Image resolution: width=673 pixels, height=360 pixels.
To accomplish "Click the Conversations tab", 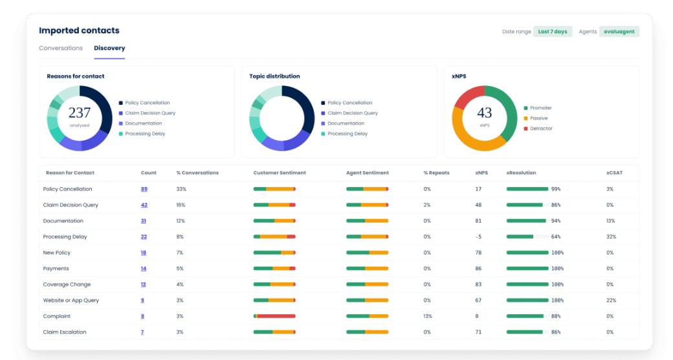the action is pos(61,48).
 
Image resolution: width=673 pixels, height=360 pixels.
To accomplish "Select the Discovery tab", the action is pos(109,48).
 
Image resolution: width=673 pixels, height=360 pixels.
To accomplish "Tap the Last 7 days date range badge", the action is pos(553,31).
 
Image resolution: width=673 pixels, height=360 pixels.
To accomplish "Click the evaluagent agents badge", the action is pos(619,31).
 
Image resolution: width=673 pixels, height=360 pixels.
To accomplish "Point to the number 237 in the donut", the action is pos(80,113).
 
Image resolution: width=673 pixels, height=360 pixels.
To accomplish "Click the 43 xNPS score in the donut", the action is pos(484,113).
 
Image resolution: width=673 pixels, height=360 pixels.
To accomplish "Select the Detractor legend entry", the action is pos(538,128).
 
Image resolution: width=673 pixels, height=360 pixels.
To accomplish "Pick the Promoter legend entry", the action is pos(538,108).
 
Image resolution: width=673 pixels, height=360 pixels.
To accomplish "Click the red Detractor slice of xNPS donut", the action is pos(467,96).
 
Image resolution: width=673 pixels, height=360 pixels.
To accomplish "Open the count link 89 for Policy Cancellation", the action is pos(144,189).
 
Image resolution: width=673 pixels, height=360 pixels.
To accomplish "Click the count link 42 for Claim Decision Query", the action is pos(144,205).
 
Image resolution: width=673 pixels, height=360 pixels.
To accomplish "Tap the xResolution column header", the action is pos(521,173).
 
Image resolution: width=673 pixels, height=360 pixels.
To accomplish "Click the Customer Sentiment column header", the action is pos(280,173).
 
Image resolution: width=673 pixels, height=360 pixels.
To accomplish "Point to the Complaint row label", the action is pos(57,316).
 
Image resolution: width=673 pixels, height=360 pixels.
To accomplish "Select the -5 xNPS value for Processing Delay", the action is pos(478,237).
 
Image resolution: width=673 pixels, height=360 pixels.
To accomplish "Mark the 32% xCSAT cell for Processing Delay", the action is pos(611,237).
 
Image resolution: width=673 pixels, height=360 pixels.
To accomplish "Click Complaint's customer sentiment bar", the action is pos(274,316).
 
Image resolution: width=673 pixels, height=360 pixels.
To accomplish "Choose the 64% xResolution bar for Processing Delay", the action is pos(527,237).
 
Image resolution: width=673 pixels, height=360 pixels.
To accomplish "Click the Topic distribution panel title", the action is pos(274,76).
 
